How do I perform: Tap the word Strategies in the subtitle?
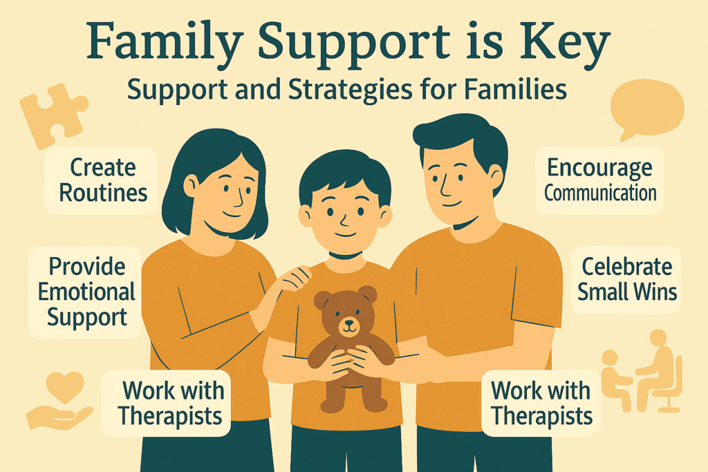[x=351, y=90]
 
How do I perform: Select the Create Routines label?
[x=101, y=180]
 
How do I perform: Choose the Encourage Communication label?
[x=599, y=180]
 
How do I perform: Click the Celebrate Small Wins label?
[x=626, y=280]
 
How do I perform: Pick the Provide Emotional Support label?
[x=86, y=292]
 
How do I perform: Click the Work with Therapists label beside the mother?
[x=166, y=404]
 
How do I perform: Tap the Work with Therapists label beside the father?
[x=541, y=404]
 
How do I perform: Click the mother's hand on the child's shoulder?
[x=293, y=278]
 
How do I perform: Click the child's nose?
[x=344, y=220]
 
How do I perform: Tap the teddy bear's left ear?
[x=322, y=300]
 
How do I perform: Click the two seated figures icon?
[x=642, y=371]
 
